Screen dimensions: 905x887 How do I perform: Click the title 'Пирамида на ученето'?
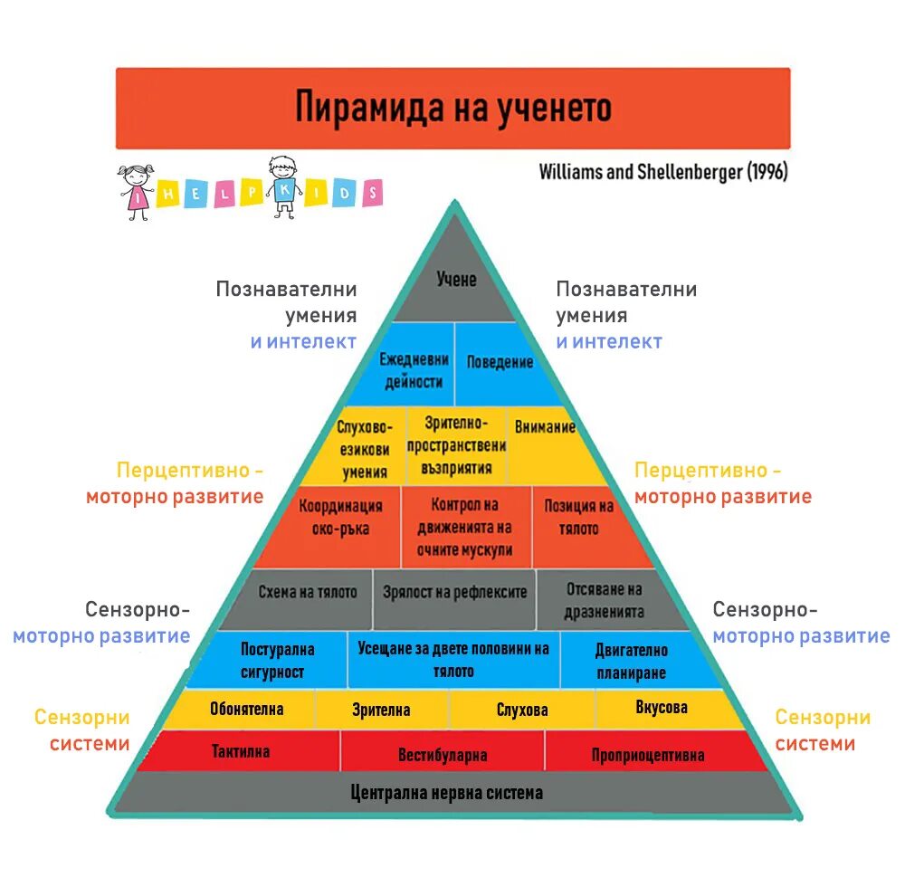click(x=452, y=108)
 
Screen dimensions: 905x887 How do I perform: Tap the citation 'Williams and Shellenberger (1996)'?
click(x=662, y=172)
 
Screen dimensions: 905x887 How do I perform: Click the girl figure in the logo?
click(x=138, y=190)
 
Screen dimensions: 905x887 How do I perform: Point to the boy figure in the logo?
click(x=283, y=186)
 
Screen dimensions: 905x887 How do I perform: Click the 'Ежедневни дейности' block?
click(x=413, y=370)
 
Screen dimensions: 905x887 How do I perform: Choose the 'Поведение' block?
click(x=500, y=362)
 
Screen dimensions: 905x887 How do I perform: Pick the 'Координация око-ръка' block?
click(x=340, y=518)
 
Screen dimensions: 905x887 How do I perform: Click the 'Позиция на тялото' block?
click(x=578, y=517)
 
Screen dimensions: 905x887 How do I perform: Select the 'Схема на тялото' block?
click(x=307, y=593)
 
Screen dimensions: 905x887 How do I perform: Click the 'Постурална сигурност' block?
click(x=278, y=661)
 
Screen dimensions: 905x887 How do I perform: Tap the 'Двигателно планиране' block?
click(x=631, y=661)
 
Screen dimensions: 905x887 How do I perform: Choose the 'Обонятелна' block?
click(x=246, y=709)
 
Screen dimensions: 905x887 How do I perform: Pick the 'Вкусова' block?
click(x=661, y=708)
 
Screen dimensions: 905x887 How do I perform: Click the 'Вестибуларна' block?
click(x=443, y=754)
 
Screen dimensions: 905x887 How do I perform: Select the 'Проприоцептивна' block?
click(x=647, y=754)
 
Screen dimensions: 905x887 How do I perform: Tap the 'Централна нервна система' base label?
click(x=447, y=793)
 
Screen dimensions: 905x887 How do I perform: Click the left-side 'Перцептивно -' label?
click(x=190, y=471)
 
